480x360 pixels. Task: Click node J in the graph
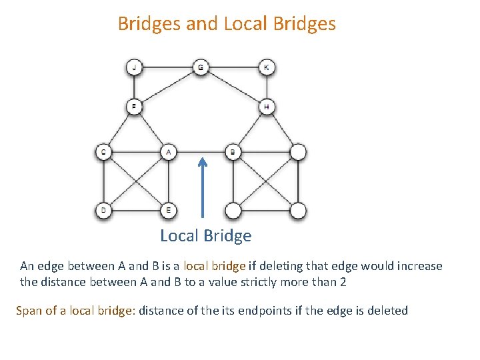135,67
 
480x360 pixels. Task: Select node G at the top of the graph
201,67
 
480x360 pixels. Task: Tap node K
267,67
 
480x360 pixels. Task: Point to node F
135,106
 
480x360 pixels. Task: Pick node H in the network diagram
267,106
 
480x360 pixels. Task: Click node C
103,153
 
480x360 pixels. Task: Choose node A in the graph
168,153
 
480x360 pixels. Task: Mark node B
233,153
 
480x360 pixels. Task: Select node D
103,211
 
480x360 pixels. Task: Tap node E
168,211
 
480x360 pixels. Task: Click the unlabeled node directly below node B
233,211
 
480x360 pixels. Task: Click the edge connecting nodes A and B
200,153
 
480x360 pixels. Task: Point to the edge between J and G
167,67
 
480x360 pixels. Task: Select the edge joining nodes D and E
135,211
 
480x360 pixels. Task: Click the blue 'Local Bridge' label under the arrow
205,236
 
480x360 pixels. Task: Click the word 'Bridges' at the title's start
149,24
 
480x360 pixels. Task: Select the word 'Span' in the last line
29,311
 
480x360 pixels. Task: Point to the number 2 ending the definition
343,282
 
